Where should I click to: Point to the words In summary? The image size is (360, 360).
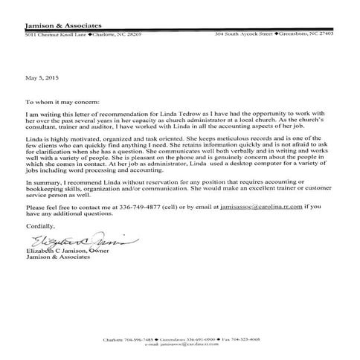coord(42,182)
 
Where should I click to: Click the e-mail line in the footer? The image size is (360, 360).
coord(180,345)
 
